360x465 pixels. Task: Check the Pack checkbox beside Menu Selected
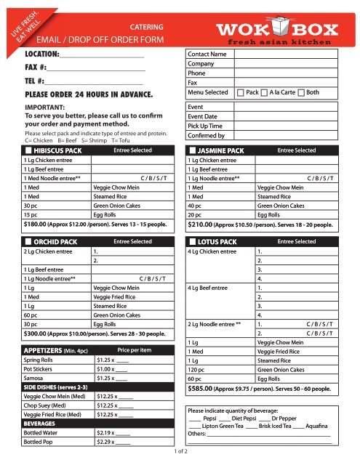coord(241,93)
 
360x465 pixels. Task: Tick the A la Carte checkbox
coord(264,93)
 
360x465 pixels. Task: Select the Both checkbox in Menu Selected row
coord(302,93)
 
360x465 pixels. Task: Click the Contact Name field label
coord(207,54)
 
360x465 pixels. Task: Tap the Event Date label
coord(204,116)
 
